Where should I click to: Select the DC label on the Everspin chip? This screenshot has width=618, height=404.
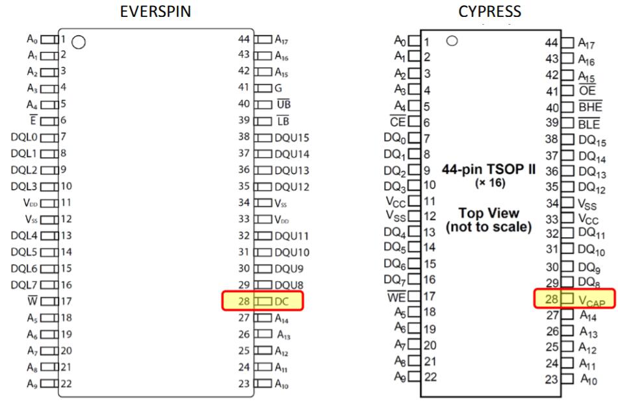(281, 301)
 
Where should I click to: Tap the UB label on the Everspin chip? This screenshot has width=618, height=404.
(282, 104)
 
